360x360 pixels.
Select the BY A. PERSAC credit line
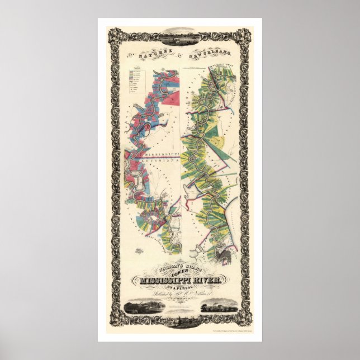point(179,289)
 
